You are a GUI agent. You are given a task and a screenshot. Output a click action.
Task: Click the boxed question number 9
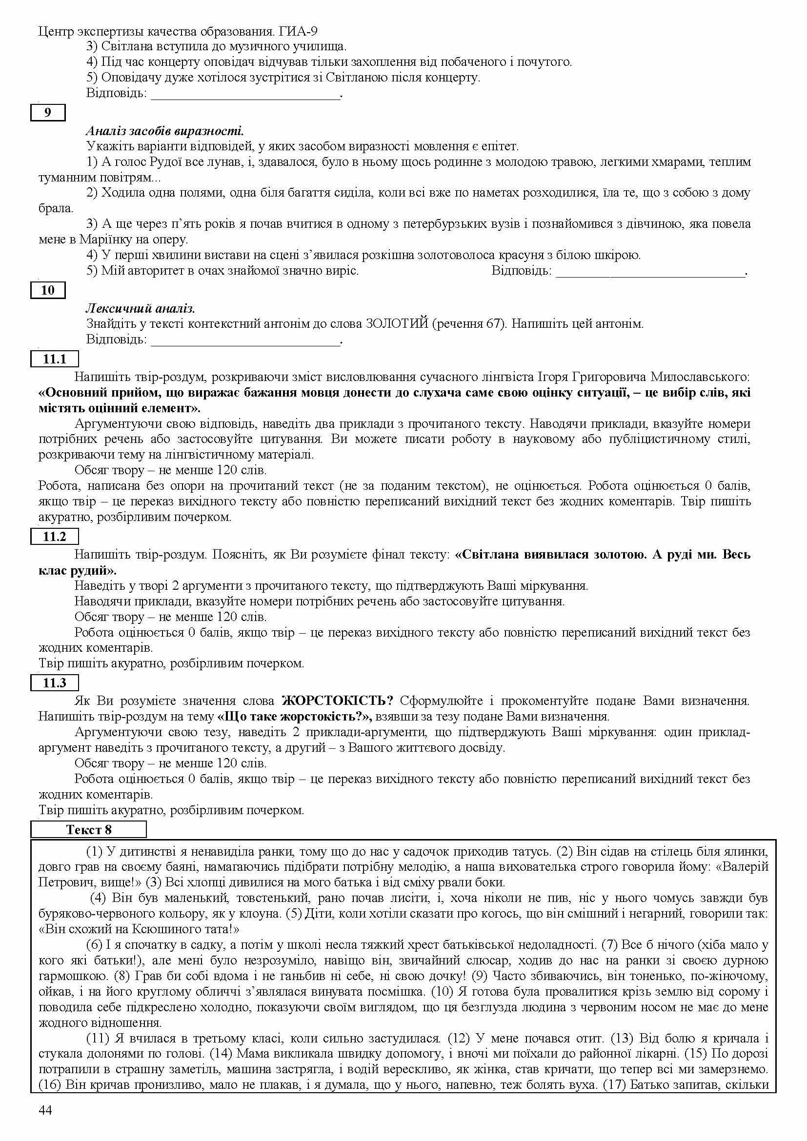[48, 113]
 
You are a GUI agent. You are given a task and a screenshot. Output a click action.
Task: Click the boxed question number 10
[48, 290]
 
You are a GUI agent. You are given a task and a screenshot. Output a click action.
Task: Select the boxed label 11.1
[54, 359]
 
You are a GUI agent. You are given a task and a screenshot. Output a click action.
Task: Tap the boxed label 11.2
[54, 537]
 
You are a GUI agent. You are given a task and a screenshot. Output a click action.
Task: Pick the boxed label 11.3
[54, 683]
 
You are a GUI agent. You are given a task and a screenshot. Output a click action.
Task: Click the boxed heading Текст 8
[88, 829]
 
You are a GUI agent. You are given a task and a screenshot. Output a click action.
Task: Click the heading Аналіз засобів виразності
[164, 131]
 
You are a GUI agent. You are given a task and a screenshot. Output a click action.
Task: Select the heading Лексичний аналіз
[140, 309]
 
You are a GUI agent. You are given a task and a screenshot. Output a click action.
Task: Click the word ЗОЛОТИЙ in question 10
[397, 324]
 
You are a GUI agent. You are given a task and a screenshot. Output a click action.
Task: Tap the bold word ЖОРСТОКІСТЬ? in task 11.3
[338, 701]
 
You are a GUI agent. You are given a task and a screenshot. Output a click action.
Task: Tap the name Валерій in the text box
[744, 867]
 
